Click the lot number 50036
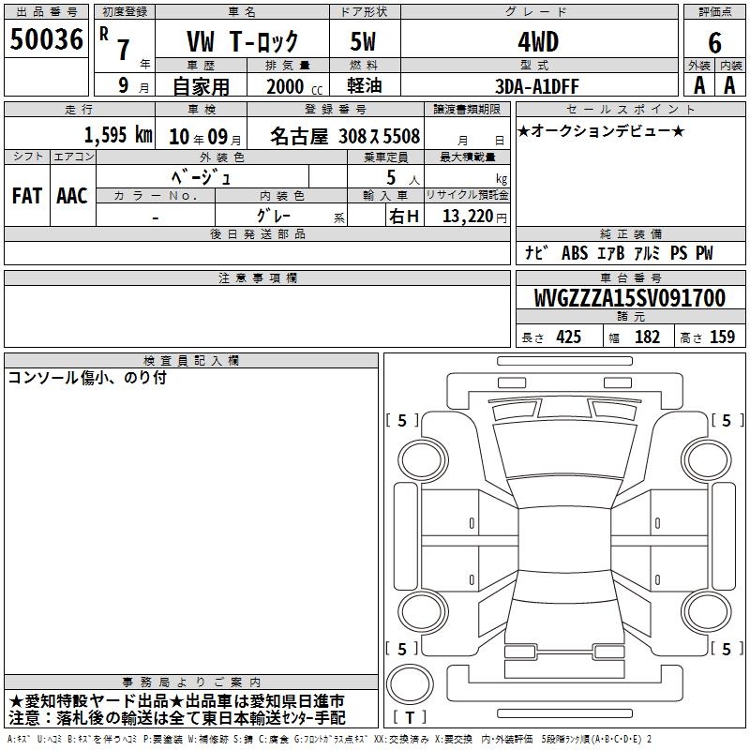tap(46, 39)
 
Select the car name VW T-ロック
tap(242, 41)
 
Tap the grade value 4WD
tap(538, 42)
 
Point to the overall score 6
tap(714, 42)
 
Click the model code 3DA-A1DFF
tap(536, 86)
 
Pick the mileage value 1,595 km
tap(118, 135)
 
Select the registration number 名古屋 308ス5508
tap(345, 136)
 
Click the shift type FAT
tap(27, 196)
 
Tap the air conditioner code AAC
tap(72, 196)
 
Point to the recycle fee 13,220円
tap(474, 217)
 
